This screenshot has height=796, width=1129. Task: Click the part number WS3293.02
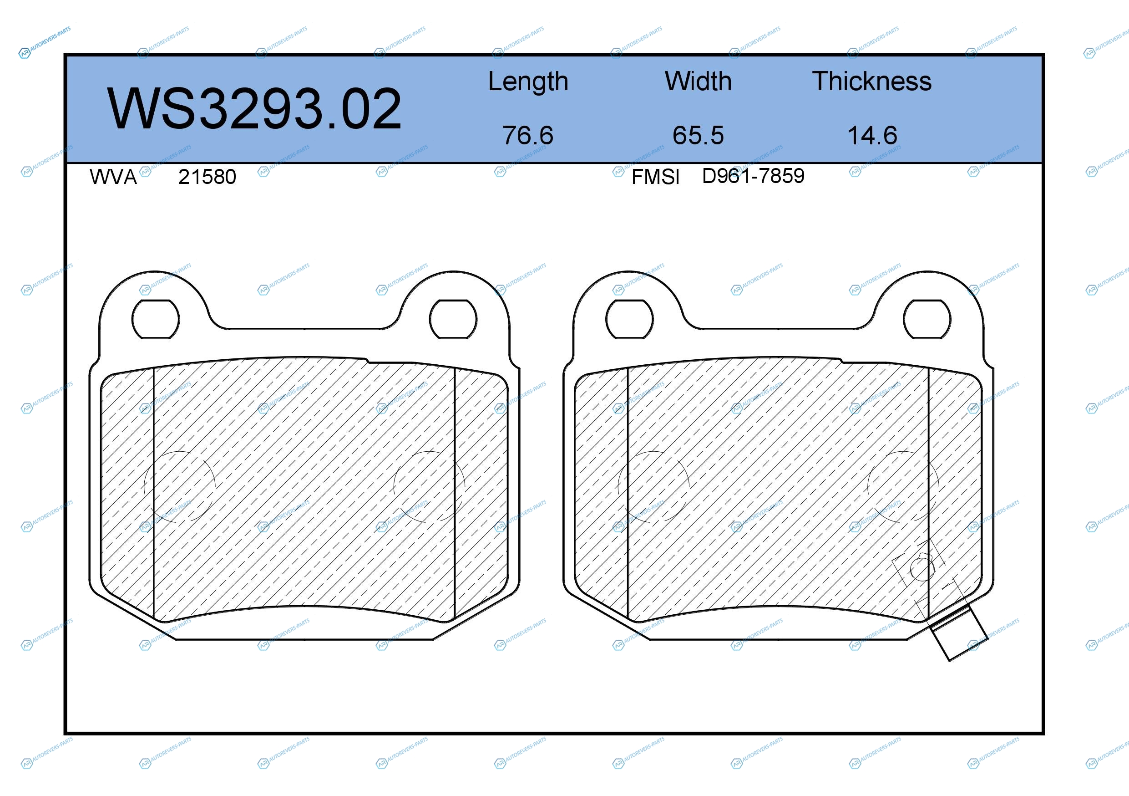click(254, 109)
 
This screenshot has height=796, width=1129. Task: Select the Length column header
click(528, 82)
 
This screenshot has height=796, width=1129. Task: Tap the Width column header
click(698, 81)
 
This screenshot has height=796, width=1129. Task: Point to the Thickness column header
click(872, 81)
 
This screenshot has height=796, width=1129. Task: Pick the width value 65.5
click(698, 135)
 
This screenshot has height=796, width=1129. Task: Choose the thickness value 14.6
click(872, 135)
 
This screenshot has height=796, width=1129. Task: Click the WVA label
click(113, 177)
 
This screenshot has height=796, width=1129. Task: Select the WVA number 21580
click(207, 177)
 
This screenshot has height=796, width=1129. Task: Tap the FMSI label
click(655, 177)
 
